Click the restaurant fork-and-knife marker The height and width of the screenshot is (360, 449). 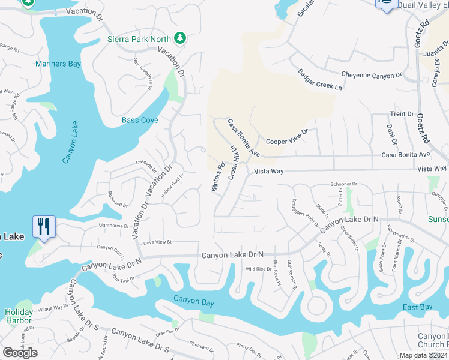click(x=44, y=226)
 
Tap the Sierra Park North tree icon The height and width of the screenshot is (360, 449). click(x=179, y=38)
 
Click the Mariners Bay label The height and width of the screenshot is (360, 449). click(x=58, y=64)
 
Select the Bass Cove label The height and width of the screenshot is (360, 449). click(x=140, y=120)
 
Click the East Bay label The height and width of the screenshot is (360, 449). click(x=417, y=307)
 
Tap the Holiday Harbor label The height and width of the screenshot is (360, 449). click(x=19, y=316)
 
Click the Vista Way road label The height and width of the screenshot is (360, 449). click(x=268, y=172)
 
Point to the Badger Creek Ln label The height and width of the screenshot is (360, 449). click(x=319, y=79)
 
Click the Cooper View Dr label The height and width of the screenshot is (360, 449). click(x=287, y=137)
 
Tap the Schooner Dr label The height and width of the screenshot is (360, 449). click(x=343, y=184)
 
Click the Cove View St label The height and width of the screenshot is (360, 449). click(x=157, y=242)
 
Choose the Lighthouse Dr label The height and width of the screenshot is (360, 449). click(x=113, y=226)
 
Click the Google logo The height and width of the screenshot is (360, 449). click(x=20, y=353)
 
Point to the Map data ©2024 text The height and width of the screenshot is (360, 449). click(x=423, y=355)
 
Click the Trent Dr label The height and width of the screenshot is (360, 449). click(x=402, y=113)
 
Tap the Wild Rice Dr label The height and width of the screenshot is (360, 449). click(x=259, y=269)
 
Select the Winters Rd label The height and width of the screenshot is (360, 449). click(x=217, y=178)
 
